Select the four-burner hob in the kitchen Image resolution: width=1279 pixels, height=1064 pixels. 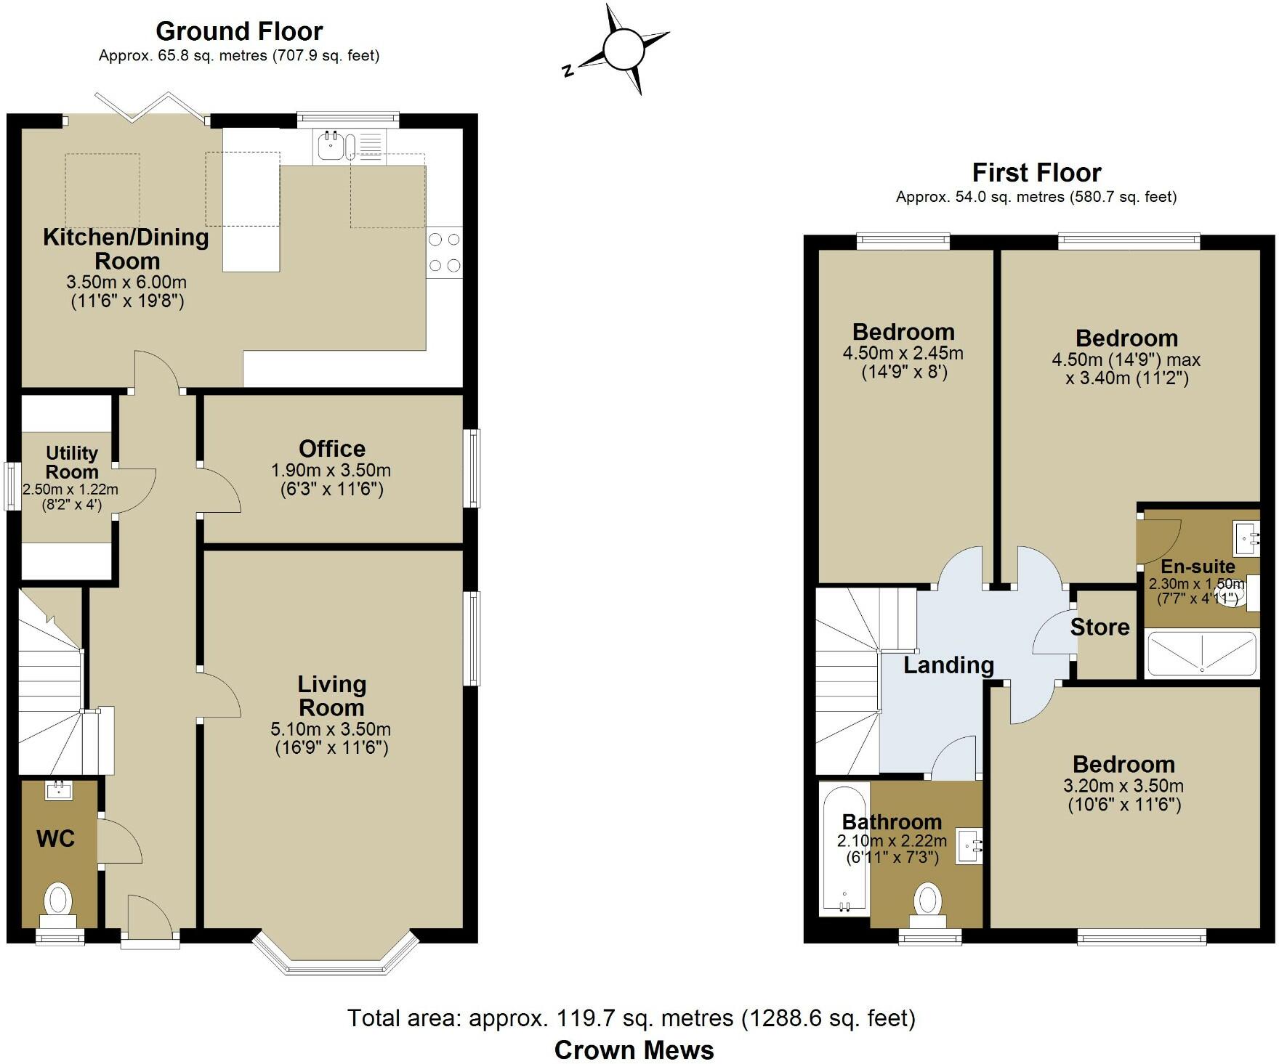(x=444, y=252)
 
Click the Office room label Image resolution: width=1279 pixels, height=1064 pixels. (x=332, y=448)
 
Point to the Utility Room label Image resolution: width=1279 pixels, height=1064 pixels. (x=71, y=462)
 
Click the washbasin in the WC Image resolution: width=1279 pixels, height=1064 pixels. (x=58, y=790)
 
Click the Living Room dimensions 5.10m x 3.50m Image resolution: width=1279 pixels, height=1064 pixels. (x=331, y=728)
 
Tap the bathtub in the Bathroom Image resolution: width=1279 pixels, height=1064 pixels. (x=844, y=850)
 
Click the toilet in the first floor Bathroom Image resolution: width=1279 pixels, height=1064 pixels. (x=928, y=902)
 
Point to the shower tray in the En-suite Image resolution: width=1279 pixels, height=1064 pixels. (x=1201, y=654)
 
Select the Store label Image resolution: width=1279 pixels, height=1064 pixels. (x=1100, y=627)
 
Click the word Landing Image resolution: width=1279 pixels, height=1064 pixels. (x=948, y=665)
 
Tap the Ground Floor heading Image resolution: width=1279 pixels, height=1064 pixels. (x=239, y=31)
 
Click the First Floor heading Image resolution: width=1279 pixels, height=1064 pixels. (x=1036, y=173)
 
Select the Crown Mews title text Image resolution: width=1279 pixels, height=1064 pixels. (x=634, y=1049)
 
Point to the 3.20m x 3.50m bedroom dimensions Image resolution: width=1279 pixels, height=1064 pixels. (x=1123, y=785)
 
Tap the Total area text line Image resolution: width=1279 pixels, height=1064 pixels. (x=631, y=1018)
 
